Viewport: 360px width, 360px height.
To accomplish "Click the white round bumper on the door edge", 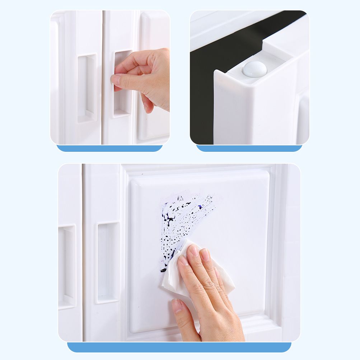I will click(x=254, y=69).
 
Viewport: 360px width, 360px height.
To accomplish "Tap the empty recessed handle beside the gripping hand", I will click(x=87, y=88).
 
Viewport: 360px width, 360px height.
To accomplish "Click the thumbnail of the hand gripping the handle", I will click(x=116, y=80).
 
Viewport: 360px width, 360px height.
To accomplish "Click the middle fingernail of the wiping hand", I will click(x=194, y=250).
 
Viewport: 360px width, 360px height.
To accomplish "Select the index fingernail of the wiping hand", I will click(x=183, y=260).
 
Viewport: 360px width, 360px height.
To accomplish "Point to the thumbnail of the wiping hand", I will click(x=177, y=305).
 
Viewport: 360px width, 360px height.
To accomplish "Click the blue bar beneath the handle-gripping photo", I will click(x=109, y=148).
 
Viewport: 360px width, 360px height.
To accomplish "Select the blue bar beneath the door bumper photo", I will click(x=249, y=148).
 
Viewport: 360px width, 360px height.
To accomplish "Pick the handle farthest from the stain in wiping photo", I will click(x=67, y=266).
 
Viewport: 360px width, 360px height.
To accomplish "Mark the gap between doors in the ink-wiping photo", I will click(x=83, y=251).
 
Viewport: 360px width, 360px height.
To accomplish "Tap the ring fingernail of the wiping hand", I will click(x=205, y=254).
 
